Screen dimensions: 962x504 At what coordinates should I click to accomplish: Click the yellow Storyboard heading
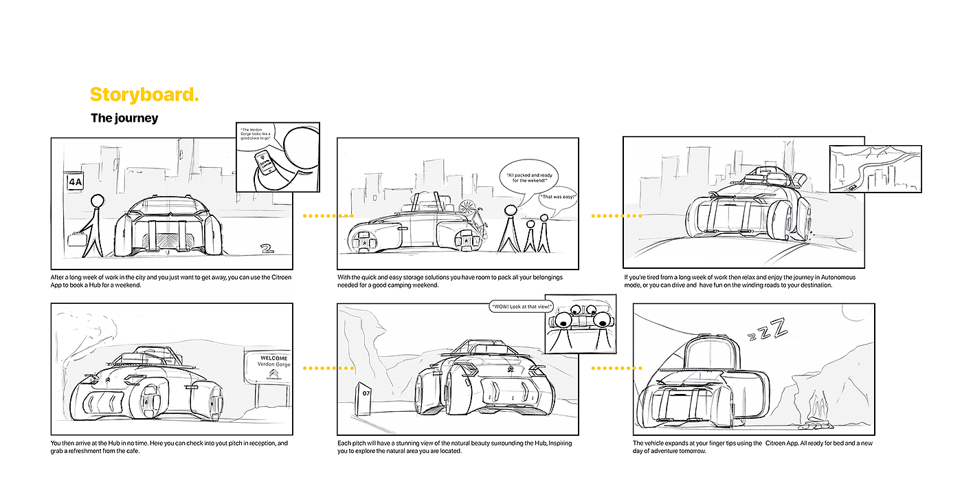coord(144,95)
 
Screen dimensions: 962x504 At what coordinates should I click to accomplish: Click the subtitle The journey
coord(124,118)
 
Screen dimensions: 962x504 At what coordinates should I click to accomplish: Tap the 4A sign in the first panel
coord(74,182)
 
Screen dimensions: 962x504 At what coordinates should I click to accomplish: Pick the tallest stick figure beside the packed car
coord(510,229)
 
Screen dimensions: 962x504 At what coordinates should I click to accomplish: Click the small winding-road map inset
coord(875,168)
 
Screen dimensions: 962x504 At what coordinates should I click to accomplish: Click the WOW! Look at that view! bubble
coord(522,306)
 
